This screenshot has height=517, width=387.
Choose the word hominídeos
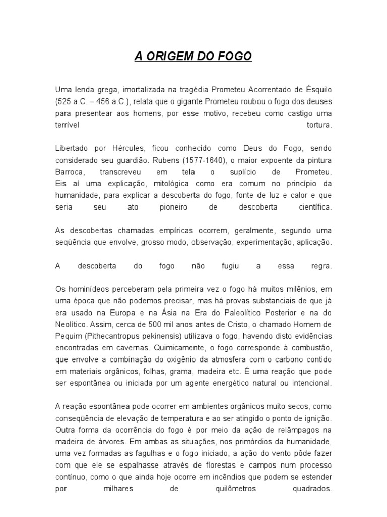pyautogui.click(x=87, y=289)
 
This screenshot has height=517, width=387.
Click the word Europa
pyautogui.click(x=133, y=313)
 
